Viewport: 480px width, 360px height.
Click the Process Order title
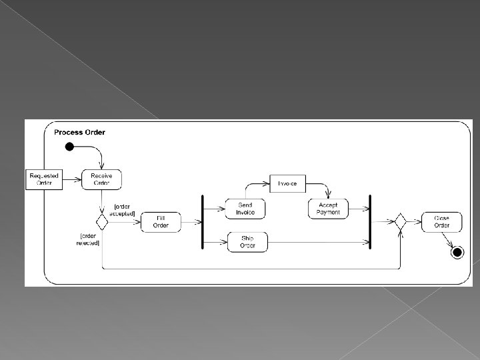(79, 132)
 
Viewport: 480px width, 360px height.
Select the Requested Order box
(44, 179)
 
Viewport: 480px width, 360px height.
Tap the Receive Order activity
(101, 179)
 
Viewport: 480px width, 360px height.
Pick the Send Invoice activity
(245, 209)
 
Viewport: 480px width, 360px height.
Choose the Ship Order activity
(247, 242)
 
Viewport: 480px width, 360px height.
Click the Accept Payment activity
(328, 209)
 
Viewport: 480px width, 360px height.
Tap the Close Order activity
(441, 222)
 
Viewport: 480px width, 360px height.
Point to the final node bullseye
(457, 252)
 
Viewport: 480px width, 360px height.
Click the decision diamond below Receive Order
(101, 221)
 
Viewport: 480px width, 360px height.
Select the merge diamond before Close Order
(400, 221)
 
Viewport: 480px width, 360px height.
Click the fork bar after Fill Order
(202, 222)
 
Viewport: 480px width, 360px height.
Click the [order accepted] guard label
(125, 209)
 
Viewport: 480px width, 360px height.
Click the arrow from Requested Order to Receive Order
(72, 179)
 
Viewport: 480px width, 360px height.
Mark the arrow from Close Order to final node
(451, 240)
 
